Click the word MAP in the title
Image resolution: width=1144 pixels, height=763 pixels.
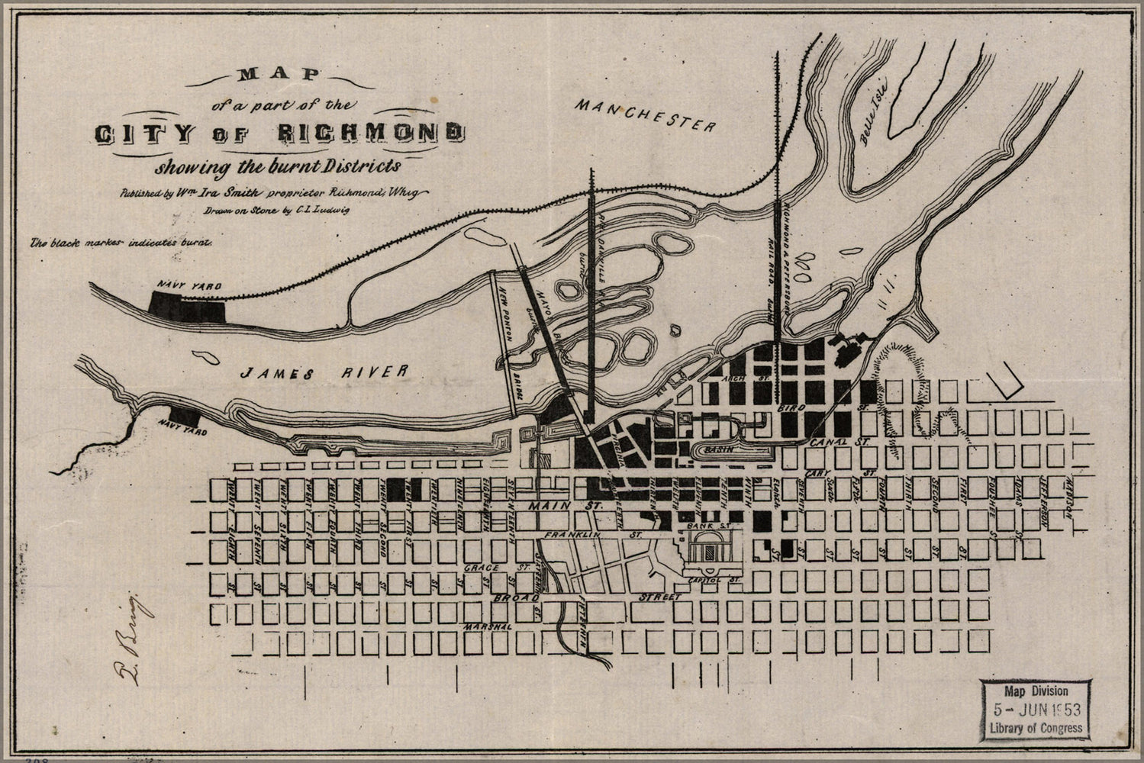click(279, 75)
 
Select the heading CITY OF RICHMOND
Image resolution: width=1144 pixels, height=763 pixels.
click(278, 133)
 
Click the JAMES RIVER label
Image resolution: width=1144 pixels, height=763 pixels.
click(324, 372)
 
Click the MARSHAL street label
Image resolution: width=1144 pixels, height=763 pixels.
click(488, 626)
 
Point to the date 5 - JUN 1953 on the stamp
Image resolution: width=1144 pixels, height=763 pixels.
click(1035, 709)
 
